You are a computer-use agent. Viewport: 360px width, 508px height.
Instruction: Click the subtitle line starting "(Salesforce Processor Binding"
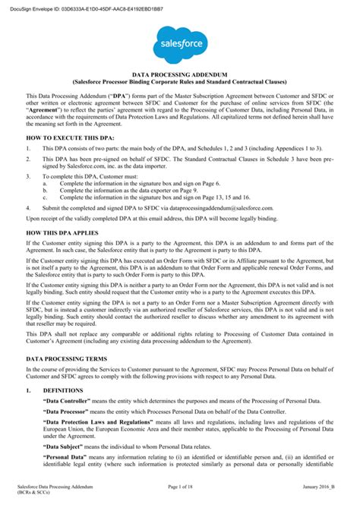(180, 79)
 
